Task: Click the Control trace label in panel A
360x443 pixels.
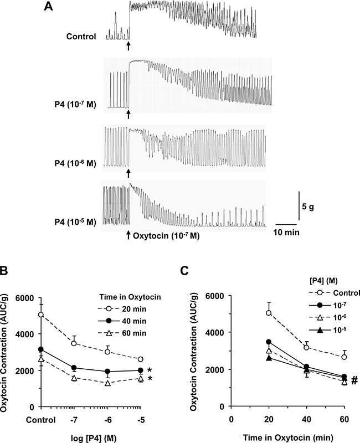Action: pos(81,37)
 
